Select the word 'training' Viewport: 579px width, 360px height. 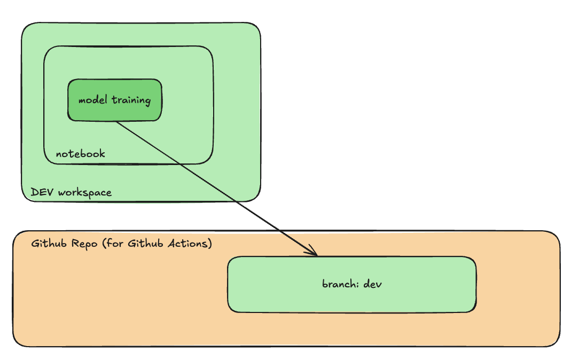pyautogui.click(x=131, y=100)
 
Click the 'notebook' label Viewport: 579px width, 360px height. pyautogui.click(x=81, y=154)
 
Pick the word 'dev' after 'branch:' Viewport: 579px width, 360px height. pyautogui.click(x=372, y=284)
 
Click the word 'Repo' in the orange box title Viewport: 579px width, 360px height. pyautogui.click(x=84, y=244)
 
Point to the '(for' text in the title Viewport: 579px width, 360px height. pyautogui.click(x=112, y=244)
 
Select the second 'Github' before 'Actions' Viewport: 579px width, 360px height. pyautogui.click(x=146, y=244)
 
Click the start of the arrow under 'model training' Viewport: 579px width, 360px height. pyautogui.click(x=117, y=123)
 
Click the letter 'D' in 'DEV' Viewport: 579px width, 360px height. pyautogui.click(x=35, y=192)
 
